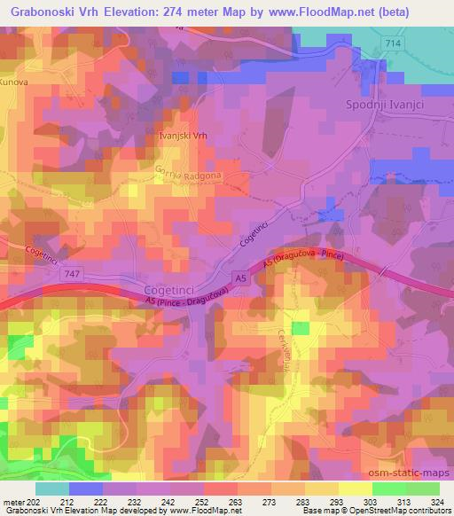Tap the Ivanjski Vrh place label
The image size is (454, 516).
coord(182,137)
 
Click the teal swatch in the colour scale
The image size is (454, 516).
coord(51,489)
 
